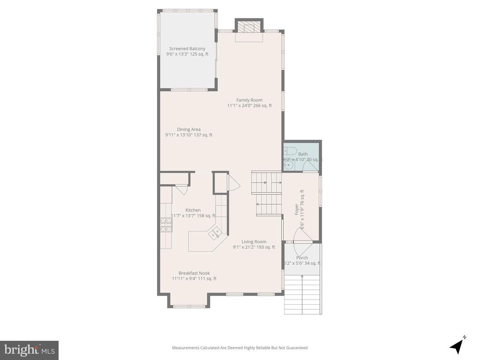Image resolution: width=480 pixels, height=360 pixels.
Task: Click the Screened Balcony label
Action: [x=187, y=49]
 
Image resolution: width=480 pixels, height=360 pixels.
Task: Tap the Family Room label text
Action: [x=249, y=100]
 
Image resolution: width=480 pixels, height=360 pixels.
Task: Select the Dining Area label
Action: [x=188, y=129]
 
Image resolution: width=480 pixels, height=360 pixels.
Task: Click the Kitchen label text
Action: [x=193, y=210]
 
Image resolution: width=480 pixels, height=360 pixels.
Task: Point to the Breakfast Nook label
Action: [x=194, y=273]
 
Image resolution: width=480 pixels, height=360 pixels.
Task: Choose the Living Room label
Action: [x=254, y=242]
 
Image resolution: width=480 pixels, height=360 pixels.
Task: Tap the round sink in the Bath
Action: [x=289, y=165]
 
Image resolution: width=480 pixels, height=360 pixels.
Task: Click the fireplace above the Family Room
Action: [x=249, y=27]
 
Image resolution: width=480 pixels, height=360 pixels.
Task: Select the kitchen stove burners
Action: [x=166, y=225]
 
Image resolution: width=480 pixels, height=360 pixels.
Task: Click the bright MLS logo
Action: [x=29, y=350]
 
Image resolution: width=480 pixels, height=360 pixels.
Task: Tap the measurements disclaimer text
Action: [x=240, y=348]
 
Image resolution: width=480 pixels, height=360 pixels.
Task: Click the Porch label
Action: [x=302, y=258]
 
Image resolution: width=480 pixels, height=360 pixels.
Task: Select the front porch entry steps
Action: [x=302, y=294]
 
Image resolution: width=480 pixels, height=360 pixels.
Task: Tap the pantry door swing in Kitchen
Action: [x=182, y=190]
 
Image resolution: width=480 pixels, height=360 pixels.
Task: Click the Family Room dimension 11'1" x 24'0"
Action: [x=249, y=105]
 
